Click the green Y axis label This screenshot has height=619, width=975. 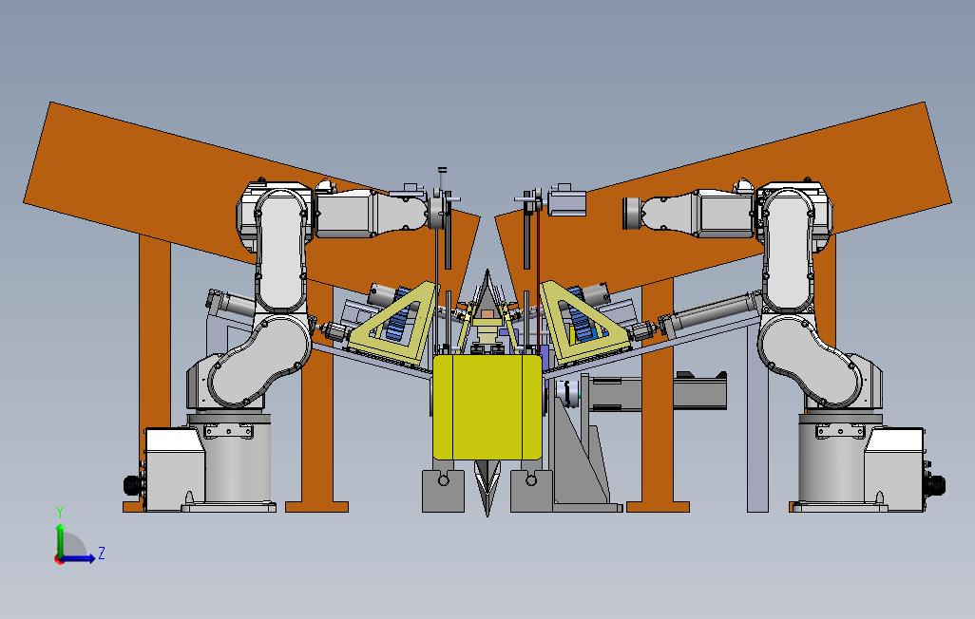(x=60, y=512)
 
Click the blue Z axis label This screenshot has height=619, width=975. (x=102, y=553)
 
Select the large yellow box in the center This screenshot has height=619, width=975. (x=487, y=407)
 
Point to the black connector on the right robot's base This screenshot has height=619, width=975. (x=936, y=485)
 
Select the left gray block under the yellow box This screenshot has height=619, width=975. (x=443, y=491)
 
